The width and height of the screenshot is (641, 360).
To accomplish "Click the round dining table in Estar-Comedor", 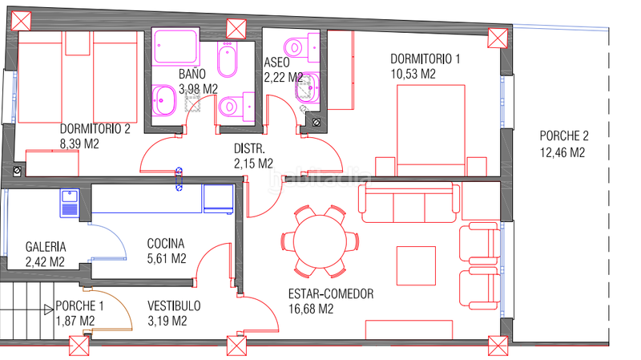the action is (320, 241).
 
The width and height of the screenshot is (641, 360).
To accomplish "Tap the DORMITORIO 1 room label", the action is (425, 59).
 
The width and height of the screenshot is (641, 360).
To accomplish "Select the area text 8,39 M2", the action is (79, 144).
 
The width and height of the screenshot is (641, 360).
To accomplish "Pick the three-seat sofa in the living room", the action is (409, 203).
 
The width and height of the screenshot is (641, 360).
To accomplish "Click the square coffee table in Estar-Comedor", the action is (416, 265).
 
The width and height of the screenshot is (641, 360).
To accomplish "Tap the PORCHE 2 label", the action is (564, 136).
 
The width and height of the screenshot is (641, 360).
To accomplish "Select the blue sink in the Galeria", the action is (70, 203).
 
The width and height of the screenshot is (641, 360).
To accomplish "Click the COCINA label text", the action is (166, 244).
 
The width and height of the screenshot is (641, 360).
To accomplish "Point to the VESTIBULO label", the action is (174, 306).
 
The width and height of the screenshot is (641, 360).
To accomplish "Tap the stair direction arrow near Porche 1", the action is (49, 309).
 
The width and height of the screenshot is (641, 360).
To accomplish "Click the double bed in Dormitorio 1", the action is (431, 130).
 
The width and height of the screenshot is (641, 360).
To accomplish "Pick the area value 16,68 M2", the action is (311, 309).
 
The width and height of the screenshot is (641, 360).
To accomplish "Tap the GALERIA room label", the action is (46, 247).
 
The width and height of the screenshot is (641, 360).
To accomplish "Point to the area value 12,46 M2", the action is (562, 152).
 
